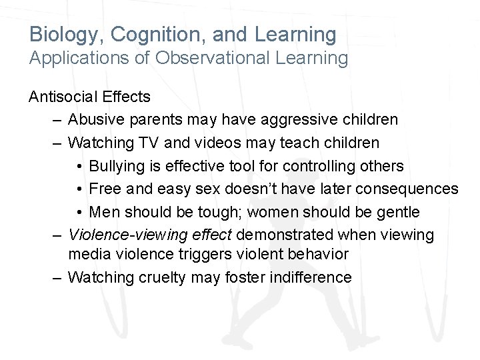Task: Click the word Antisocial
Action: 63,97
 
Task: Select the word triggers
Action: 207,254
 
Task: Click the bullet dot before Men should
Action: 79,212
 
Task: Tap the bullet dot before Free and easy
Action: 79,189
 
